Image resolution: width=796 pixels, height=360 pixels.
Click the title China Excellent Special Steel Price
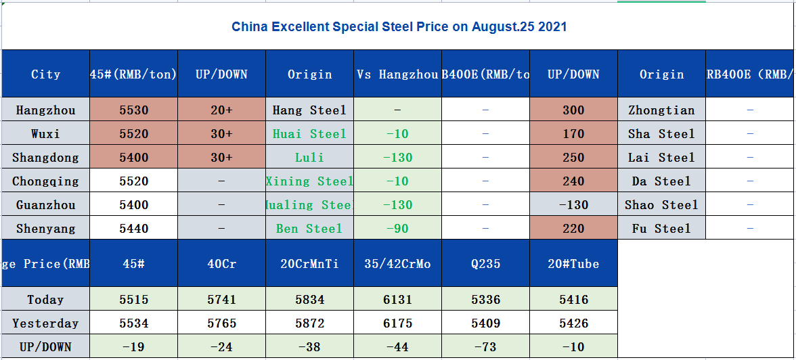coord(399,28)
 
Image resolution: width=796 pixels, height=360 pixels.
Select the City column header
coord(45,74)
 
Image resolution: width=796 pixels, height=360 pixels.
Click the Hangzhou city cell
coord(45,110)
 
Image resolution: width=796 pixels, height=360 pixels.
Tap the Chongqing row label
coord(45,181)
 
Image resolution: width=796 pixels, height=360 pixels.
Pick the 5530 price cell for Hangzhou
coord(133,110)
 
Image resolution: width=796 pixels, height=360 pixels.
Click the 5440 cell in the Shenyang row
coord(133,229)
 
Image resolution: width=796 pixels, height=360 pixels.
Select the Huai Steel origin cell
coord(309,134)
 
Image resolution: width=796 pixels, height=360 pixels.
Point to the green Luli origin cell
coord(309,158)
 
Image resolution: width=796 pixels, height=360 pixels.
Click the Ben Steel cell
coord(309,229)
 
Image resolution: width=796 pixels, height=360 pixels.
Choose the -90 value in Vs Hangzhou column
coord(397,229)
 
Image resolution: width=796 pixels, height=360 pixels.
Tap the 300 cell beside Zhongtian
coord(573,110)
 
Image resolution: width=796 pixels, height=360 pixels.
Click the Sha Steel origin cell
coord(661,134)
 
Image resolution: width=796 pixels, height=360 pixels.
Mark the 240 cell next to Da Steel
coord(573,181)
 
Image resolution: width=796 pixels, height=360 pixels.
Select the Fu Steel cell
coord(661,229)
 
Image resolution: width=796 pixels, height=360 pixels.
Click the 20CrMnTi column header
coord(309,264)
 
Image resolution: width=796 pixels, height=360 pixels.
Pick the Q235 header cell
coord(485,264)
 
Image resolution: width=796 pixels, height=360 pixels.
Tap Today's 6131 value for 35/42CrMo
coord(397,300)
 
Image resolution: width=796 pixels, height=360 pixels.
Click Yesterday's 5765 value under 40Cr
coord(221,323)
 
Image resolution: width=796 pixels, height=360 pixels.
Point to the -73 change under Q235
coord(485,348)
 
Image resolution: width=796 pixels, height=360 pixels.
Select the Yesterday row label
coord(45,323)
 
